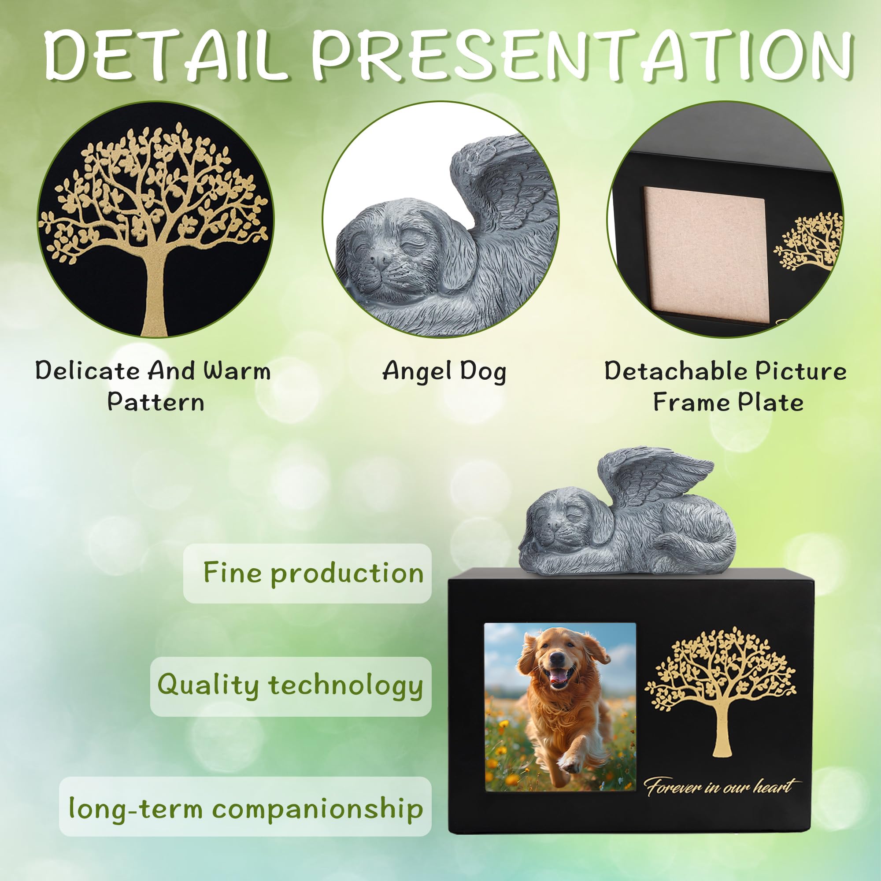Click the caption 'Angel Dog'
pyautogui.click(x=444, y=371)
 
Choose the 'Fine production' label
pyautogui.click(x=313, y=573)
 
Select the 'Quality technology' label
pyautogui.click(x=290, y=686)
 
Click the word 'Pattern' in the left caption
pyautogui.click(x=155, y=402)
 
